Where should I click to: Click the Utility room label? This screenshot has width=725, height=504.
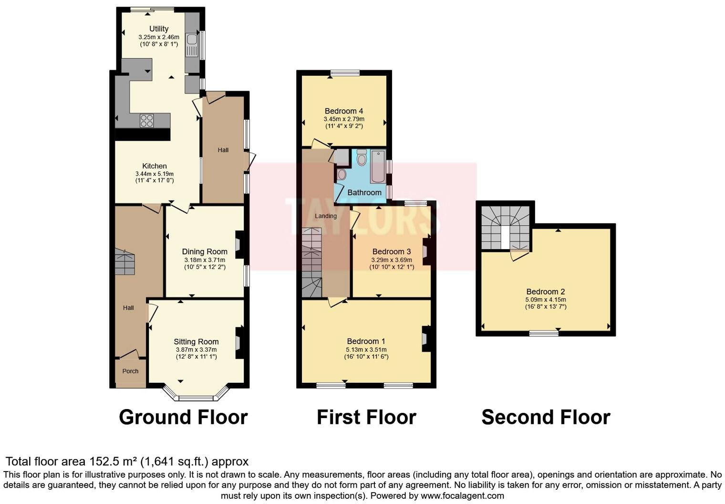point(159,29)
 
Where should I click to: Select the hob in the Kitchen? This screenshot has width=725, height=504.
point(147,121)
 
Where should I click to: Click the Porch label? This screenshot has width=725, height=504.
point(130,371)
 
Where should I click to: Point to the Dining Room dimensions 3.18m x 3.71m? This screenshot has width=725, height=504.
point(205,260)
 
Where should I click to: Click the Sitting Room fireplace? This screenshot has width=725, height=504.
point(238,342)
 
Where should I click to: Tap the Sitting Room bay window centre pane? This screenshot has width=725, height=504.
point(196,398)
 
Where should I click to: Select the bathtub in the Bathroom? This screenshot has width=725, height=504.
point(377,167)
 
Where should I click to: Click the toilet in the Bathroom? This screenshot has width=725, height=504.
point(362,157)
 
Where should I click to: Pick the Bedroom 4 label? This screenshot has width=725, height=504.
point(344,111)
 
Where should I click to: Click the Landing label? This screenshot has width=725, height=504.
point(326,216)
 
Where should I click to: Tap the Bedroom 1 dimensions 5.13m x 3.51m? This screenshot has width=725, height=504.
point(366,349)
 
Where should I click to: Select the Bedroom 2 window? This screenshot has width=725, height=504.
point(544,334)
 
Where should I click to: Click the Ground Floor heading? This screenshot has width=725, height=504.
point(183,417)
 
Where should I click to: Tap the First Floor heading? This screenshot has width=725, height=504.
point(366,417)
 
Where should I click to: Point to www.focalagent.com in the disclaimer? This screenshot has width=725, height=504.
point(462,495)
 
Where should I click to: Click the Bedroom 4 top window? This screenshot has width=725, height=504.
point(345,73)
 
